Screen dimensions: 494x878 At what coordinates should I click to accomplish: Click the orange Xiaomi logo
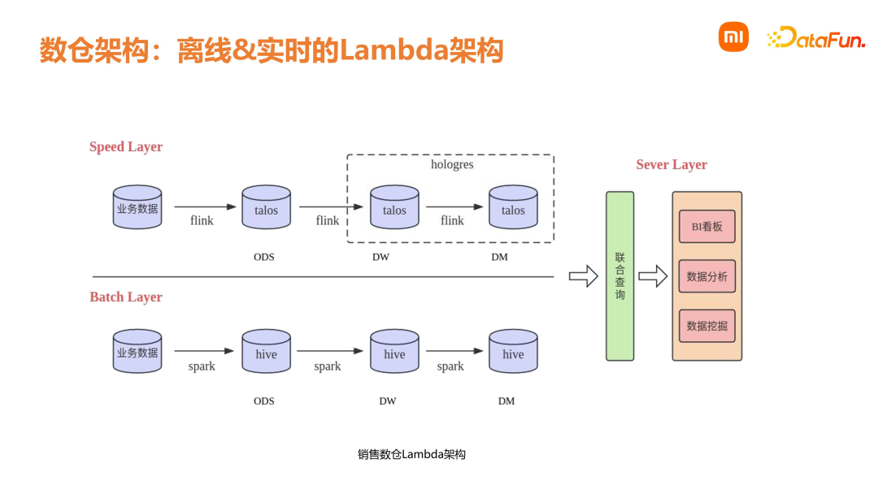(x=733, y=37)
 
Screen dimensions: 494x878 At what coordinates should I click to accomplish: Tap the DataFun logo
(x=816, y=37)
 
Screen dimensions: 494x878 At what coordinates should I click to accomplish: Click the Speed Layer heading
(x=126, y=147)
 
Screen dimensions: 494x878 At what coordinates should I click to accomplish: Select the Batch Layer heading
(x=126, y=297)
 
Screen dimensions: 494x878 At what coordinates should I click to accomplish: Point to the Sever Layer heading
(x=672, y=165)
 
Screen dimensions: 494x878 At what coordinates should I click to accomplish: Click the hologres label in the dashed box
(x=452, y=165)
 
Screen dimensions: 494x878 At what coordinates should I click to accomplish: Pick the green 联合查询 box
(x=619, y=276)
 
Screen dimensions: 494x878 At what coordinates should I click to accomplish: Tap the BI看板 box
(x=706, y=227)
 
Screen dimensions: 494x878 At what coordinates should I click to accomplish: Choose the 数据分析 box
(x=706, y=276)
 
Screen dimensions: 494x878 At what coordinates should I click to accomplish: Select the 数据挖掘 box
(x=706, y=326)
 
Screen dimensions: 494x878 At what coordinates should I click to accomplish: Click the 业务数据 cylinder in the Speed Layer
(x=137, y=209)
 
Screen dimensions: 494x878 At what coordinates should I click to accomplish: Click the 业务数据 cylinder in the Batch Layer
(x=137, y=353)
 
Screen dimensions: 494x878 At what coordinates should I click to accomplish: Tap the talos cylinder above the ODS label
(x=266, y=210)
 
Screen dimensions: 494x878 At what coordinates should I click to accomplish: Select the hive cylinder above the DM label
(x=513, y=353)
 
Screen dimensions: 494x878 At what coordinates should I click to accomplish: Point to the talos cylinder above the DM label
(x=513, y=210)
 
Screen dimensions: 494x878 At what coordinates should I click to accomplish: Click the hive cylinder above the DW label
(x=394, y=353)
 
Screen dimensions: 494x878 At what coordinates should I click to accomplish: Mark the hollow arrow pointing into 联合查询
(x=583, y=276)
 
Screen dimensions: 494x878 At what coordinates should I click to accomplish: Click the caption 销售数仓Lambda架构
(x=411, y=455)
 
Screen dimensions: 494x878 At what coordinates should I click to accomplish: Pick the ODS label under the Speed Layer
(x=264, y=258)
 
